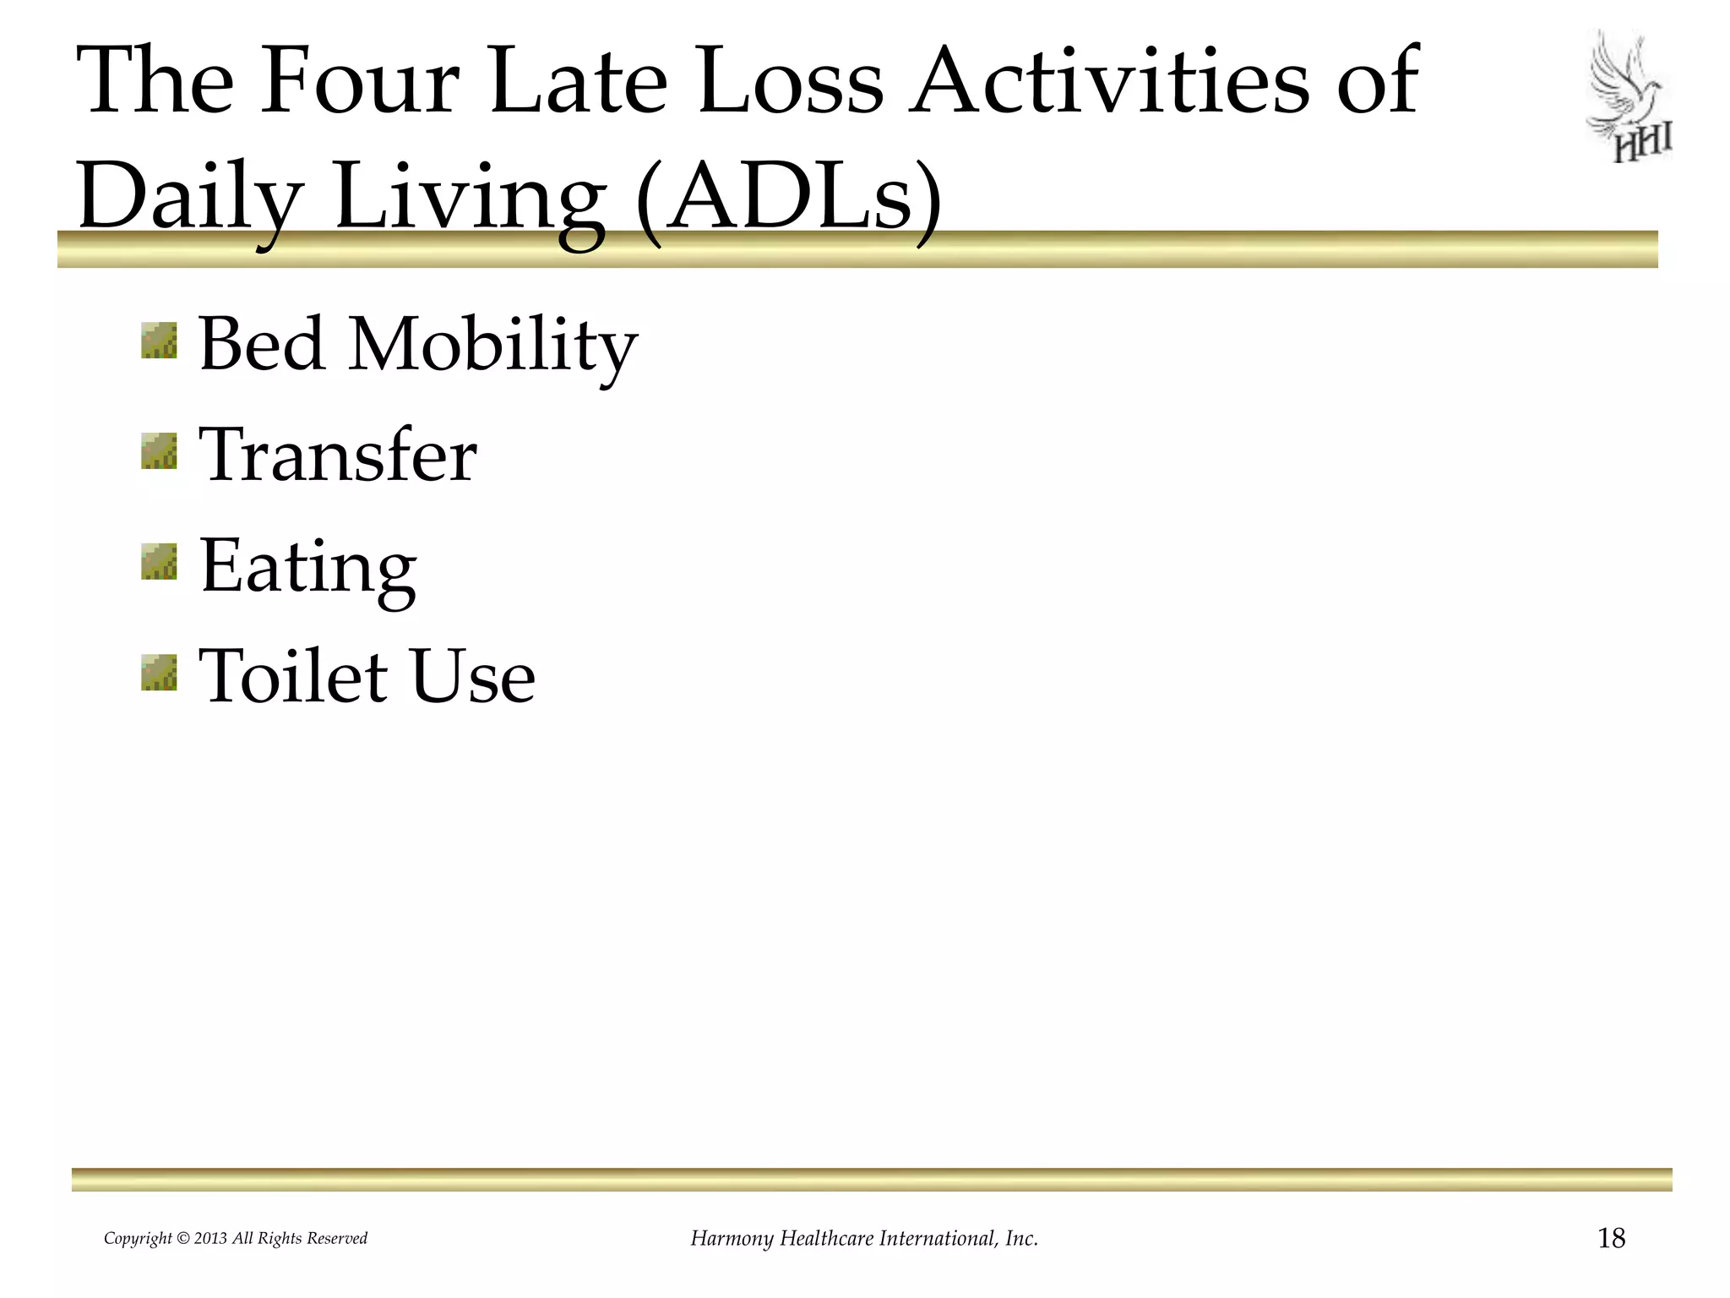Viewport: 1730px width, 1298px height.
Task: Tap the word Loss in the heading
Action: [x=791, y=81]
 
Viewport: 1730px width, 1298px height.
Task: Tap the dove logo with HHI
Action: [x=1628, y=97]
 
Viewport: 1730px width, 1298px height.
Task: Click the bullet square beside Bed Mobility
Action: [x=159, y=341]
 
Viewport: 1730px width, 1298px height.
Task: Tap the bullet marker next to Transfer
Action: [x=159, y=451]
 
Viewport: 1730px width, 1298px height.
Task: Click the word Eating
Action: [x=307, y=568]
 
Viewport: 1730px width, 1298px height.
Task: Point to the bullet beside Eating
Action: [x=159, y=562]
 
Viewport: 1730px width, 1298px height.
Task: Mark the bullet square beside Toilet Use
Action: [x=159, y=673]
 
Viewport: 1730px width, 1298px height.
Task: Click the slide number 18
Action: [x=1611, y=1238]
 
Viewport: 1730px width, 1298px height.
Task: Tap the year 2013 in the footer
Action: [x=210, y=1239]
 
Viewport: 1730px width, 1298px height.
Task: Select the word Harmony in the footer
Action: [x=732, y=1239]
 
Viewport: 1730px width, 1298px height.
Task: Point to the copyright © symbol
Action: [x=182, y=1239]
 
